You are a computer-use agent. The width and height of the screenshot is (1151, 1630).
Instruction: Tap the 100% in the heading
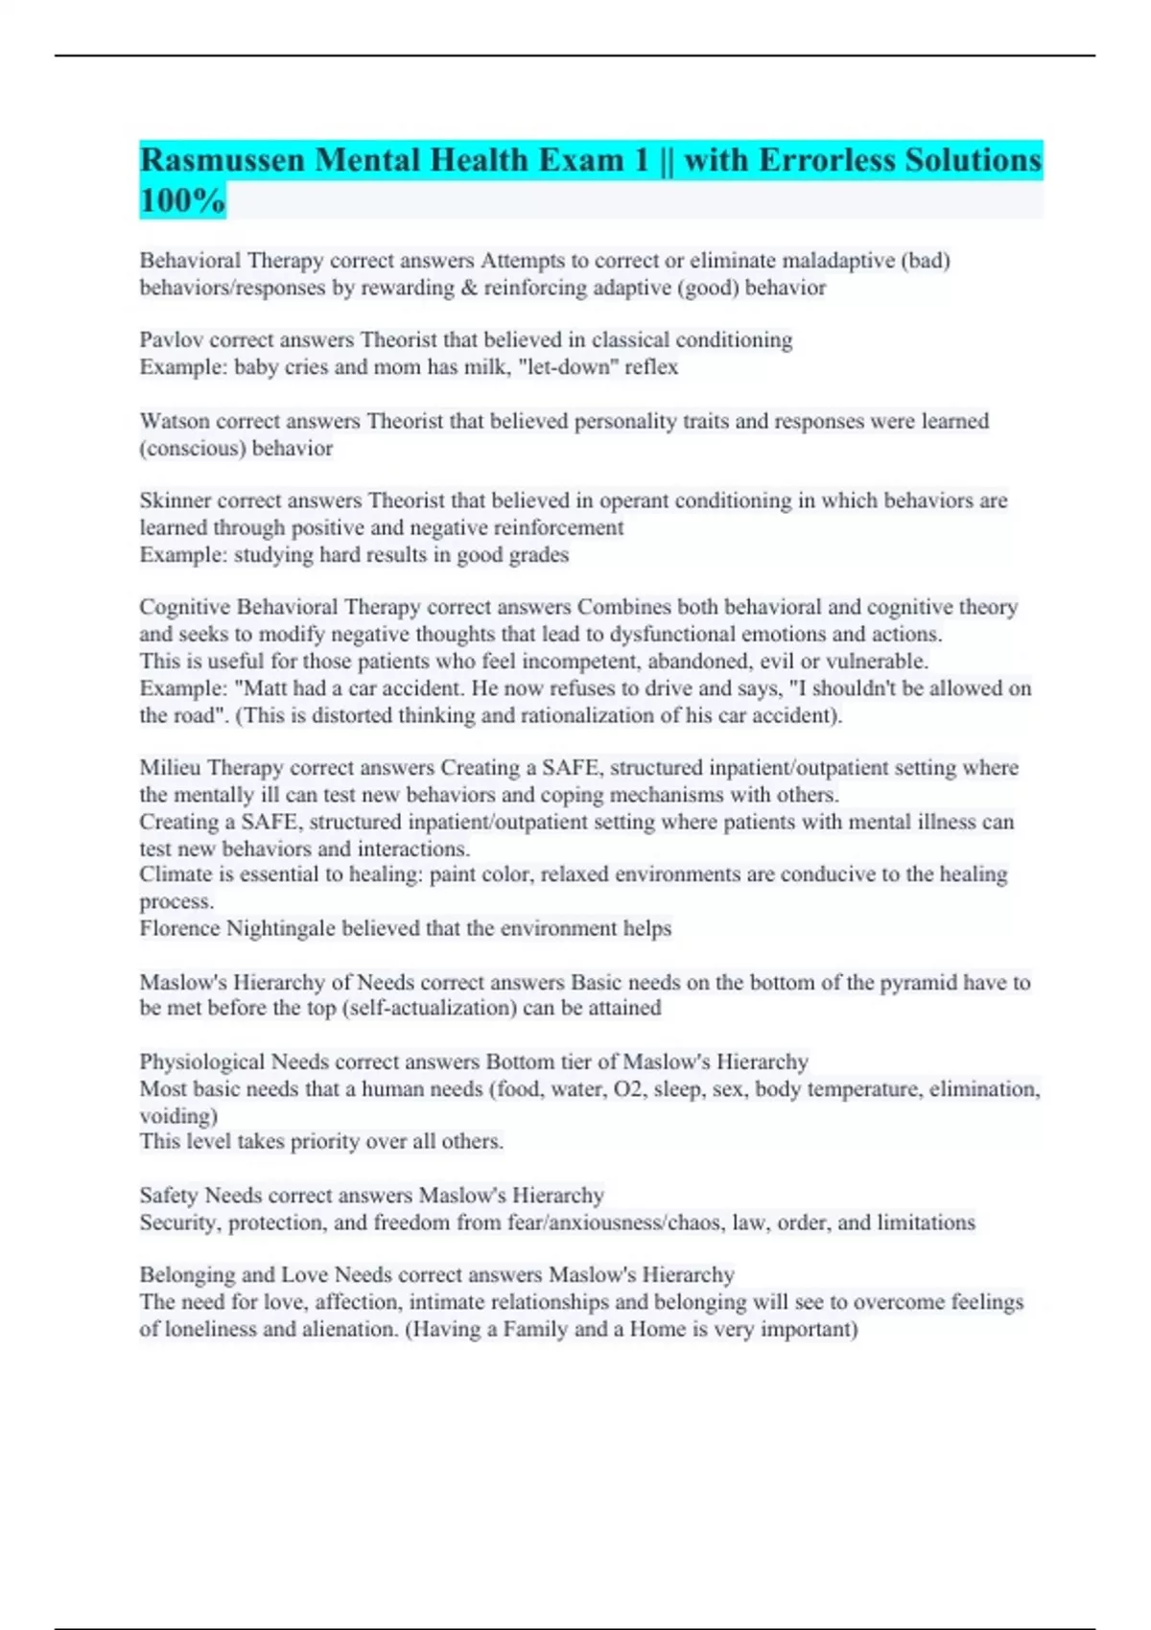(x=182, y=201)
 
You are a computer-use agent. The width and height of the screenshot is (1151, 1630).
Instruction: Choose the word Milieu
(x=170, y=768)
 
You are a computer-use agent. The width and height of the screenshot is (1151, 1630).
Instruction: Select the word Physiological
(x=201, y=1062)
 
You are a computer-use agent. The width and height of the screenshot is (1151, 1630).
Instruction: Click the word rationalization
(x=608, y=715)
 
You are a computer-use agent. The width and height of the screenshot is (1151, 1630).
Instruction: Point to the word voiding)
(x=178, y=1116)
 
